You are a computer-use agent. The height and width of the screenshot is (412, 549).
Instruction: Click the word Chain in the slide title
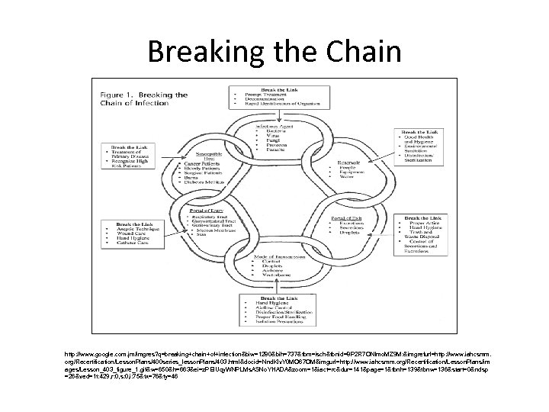pyautogui.click(x=360, y=51)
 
